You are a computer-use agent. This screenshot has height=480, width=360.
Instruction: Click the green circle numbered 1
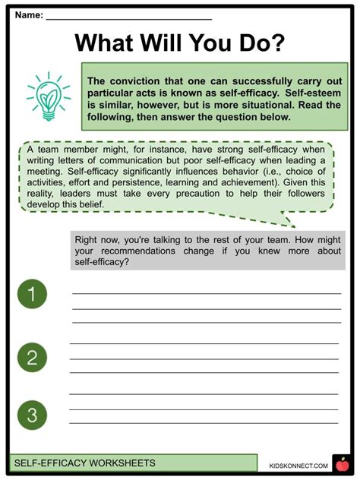[32, 294]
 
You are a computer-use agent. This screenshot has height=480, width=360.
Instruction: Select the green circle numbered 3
[32, 415]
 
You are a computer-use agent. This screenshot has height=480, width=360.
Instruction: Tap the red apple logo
[340, 463]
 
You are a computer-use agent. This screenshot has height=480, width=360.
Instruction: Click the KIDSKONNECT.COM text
[298, 465]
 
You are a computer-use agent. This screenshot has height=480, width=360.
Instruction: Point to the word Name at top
[27, 14]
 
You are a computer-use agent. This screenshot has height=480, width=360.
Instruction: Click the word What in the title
[114, 43]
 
